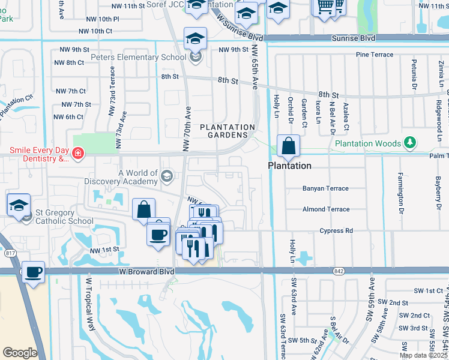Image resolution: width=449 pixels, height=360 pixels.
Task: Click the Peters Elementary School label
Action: click(138, 58)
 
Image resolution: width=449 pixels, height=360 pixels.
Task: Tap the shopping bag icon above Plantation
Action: click(289, 146)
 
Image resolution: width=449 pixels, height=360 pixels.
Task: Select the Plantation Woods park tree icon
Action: click(410, 143)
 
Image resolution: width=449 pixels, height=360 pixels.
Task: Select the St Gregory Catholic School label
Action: click(64, 217)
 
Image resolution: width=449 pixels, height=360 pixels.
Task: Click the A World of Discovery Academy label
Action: click(138, 178)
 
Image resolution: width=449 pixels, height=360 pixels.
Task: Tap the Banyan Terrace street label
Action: click(325, 188)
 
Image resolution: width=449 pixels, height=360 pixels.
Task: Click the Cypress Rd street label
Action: click(336, 230)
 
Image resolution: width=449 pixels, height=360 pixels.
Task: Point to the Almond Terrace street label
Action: click(326, 209)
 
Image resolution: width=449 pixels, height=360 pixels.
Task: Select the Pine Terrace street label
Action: click(375, 55)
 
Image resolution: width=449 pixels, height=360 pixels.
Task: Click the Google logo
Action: click(19, 352)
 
